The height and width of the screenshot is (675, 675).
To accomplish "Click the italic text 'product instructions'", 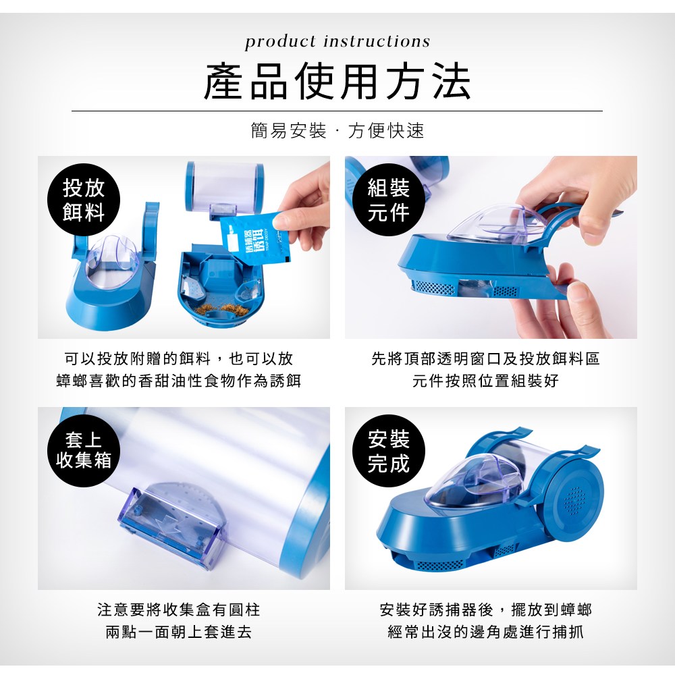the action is (x=337, y=42).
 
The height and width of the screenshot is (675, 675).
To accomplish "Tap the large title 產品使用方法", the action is (x=337, y=82).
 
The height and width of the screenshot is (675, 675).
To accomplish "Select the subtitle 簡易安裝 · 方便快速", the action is (x=337, y=130).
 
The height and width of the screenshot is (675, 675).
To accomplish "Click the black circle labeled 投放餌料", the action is (x=84, y=200).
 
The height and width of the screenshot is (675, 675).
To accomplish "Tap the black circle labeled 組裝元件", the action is (x=389, y=200).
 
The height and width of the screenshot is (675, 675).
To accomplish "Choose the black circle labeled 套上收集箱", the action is (x=84, y=451).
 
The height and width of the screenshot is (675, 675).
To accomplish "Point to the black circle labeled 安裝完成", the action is (x=389, y=451).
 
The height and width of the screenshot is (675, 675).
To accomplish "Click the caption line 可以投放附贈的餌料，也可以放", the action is (x=179, y=358).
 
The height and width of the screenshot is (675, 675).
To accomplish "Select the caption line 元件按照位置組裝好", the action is (x=485, y=381).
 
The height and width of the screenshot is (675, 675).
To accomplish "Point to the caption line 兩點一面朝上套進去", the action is (x=179, y=632).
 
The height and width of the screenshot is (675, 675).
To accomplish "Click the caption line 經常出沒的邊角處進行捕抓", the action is (x=485, y=632).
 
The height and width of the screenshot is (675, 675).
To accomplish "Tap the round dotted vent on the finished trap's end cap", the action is (x=574, y=501).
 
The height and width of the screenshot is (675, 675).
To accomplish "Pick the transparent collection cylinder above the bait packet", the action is (x=224, y=188).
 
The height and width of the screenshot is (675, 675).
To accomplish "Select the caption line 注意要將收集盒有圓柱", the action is (x=179, y=610).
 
